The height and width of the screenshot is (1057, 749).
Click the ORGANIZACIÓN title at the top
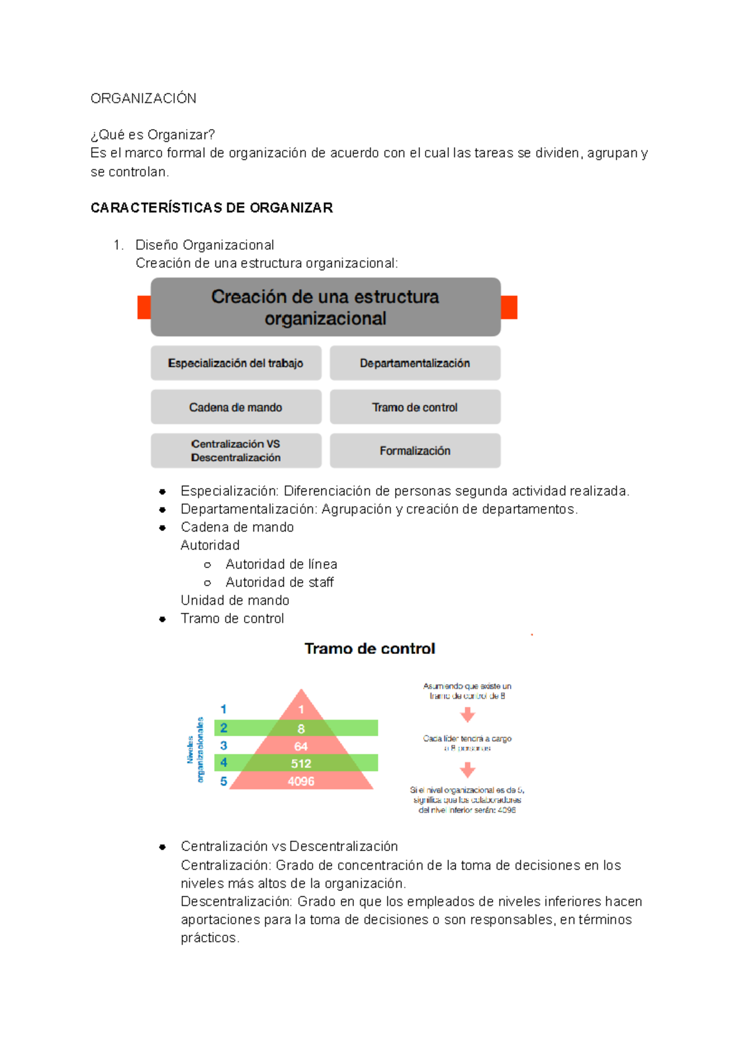coord(143,99)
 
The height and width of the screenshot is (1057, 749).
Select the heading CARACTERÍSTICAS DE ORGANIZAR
coord(211,208)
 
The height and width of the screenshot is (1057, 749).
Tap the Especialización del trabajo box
coord(235,363)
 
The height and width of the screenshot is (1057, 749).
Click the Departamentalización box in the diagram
coord(414,363)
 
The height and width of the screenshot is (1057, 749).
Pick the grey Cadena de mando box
coord(235,407)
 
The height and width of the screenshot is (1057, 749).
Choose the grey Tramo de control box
coord(414,407)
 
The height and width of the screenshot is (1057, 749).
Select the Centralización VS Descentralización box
coord(235,451)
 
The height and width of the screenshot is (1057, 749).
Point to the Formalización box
coord(414,451)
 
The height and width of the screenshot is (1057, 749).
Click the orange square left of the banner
coord(144,308)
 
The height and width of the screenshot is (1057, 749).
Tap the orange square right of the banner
coord(509,308)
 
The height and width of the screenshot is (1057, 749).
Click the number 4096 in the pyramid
coord(301,781)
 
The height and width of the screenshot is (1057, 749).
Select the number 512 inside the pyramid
coord(301,764)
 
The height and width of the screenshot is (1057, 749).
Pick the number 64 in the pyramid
coord(301,746)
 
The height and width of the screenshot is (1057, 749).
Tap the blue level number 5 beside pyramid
coord(223,781)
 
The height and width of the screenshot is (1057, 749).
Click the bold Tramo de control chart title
coord(370,649)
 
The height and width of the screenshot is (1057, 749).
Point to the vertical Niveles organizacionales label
coord(195,749)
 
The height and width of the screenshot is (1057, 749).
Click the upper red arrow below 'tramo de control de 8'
coord(468,714)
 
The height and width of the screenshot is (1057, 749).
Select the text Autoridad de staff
coord(279,582)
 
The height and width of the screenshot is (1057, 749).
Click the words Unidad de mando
coord(235,600)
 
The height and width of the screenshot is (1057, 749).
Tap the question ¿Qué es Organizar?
coord(152,135)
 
